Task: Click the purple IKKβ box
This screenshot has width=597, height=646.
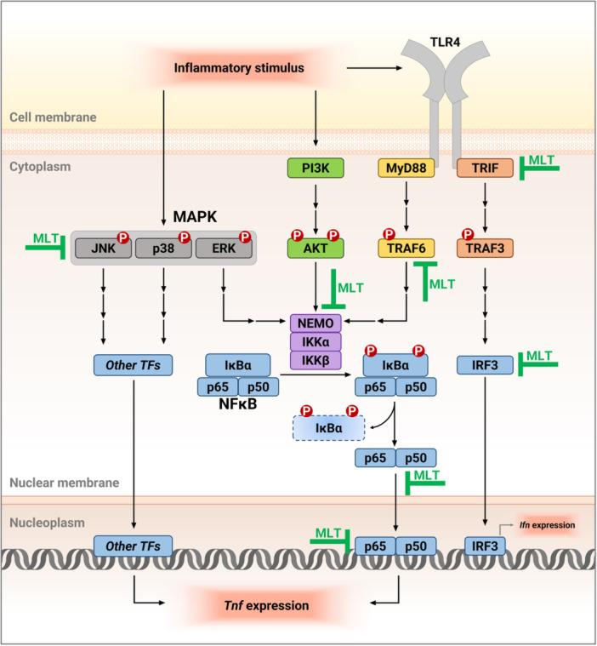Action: [316, 360]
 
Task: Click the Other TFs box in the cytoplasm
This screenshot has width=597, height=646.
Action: [133, 366]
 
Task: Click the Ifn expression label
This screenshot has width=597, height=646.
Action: [548, 526]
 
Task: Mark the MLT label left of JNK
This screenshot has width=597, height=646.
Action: [43, 236]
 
